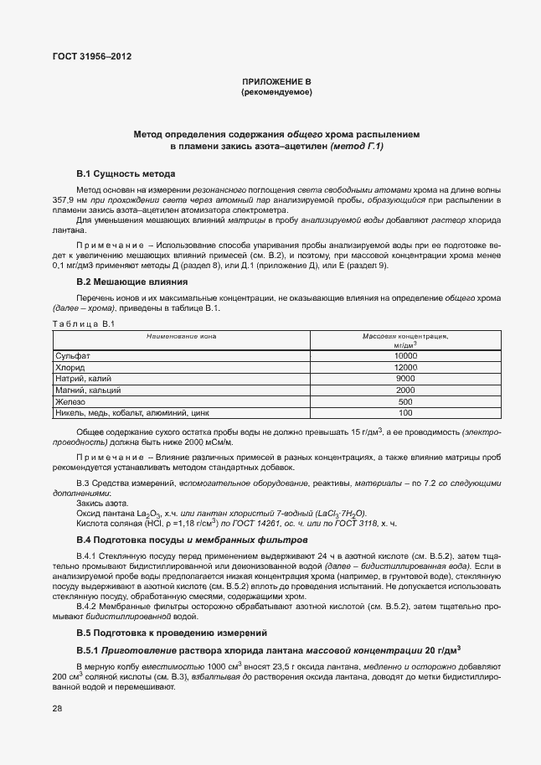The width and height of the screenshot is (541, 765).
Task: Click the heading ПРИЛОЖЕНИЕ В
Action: point(276,81)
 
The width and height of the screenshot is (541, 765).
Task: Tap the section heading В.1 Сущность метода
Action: point(126,173)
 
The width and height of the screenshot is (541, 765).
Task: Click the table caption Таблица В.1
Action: point(76,323)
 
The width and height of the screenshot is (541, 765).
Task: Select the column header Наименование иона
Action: point(181,337)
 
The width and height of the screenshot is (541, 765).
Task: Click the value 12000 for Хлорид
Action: point(405,368)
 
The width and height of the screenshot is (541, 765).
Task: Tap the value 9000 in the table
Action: point(405,379)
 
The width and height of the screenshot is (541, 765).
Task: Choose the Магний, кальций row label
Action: point(89,390)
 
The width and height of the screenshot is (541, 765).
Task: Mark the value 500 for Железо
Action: point(405,401)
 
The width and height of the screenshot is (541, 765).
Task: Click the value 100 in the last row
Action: point(405,413)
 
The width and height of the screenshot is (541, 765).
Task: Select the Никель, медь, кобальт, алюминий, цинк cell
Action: point(131,413)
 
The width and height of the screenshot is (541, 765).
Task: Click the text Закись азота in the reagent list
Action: point(100,503)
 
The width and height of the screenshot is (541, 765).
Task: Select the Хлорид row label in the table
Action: point(70,368)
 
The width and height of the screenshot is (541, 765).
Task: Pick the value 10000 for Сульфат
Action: point(405,356)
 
